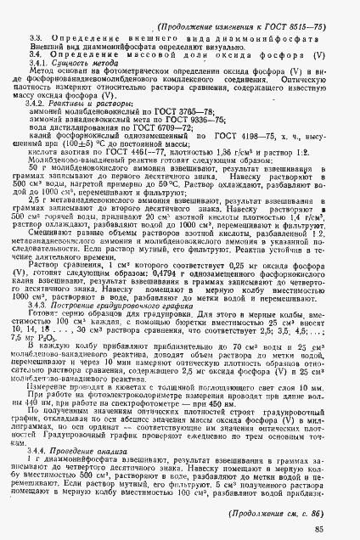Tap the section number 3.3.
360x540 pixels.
36,41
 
